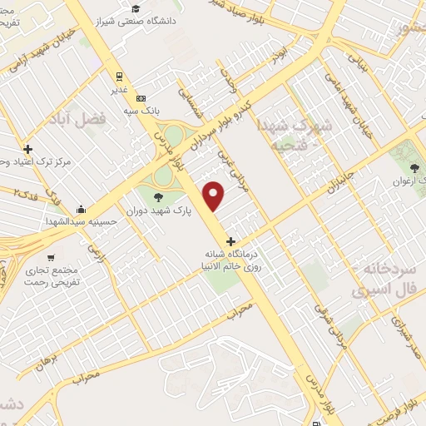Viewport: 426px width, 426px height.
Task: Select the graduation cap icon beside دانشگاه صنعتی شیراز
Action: (135, 9)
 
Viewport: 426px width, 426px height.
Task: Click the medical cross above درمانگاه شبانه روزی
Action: (242, 241)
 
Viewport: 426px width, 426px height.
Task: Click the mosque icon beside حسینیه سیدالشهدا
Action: (80, 209)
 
